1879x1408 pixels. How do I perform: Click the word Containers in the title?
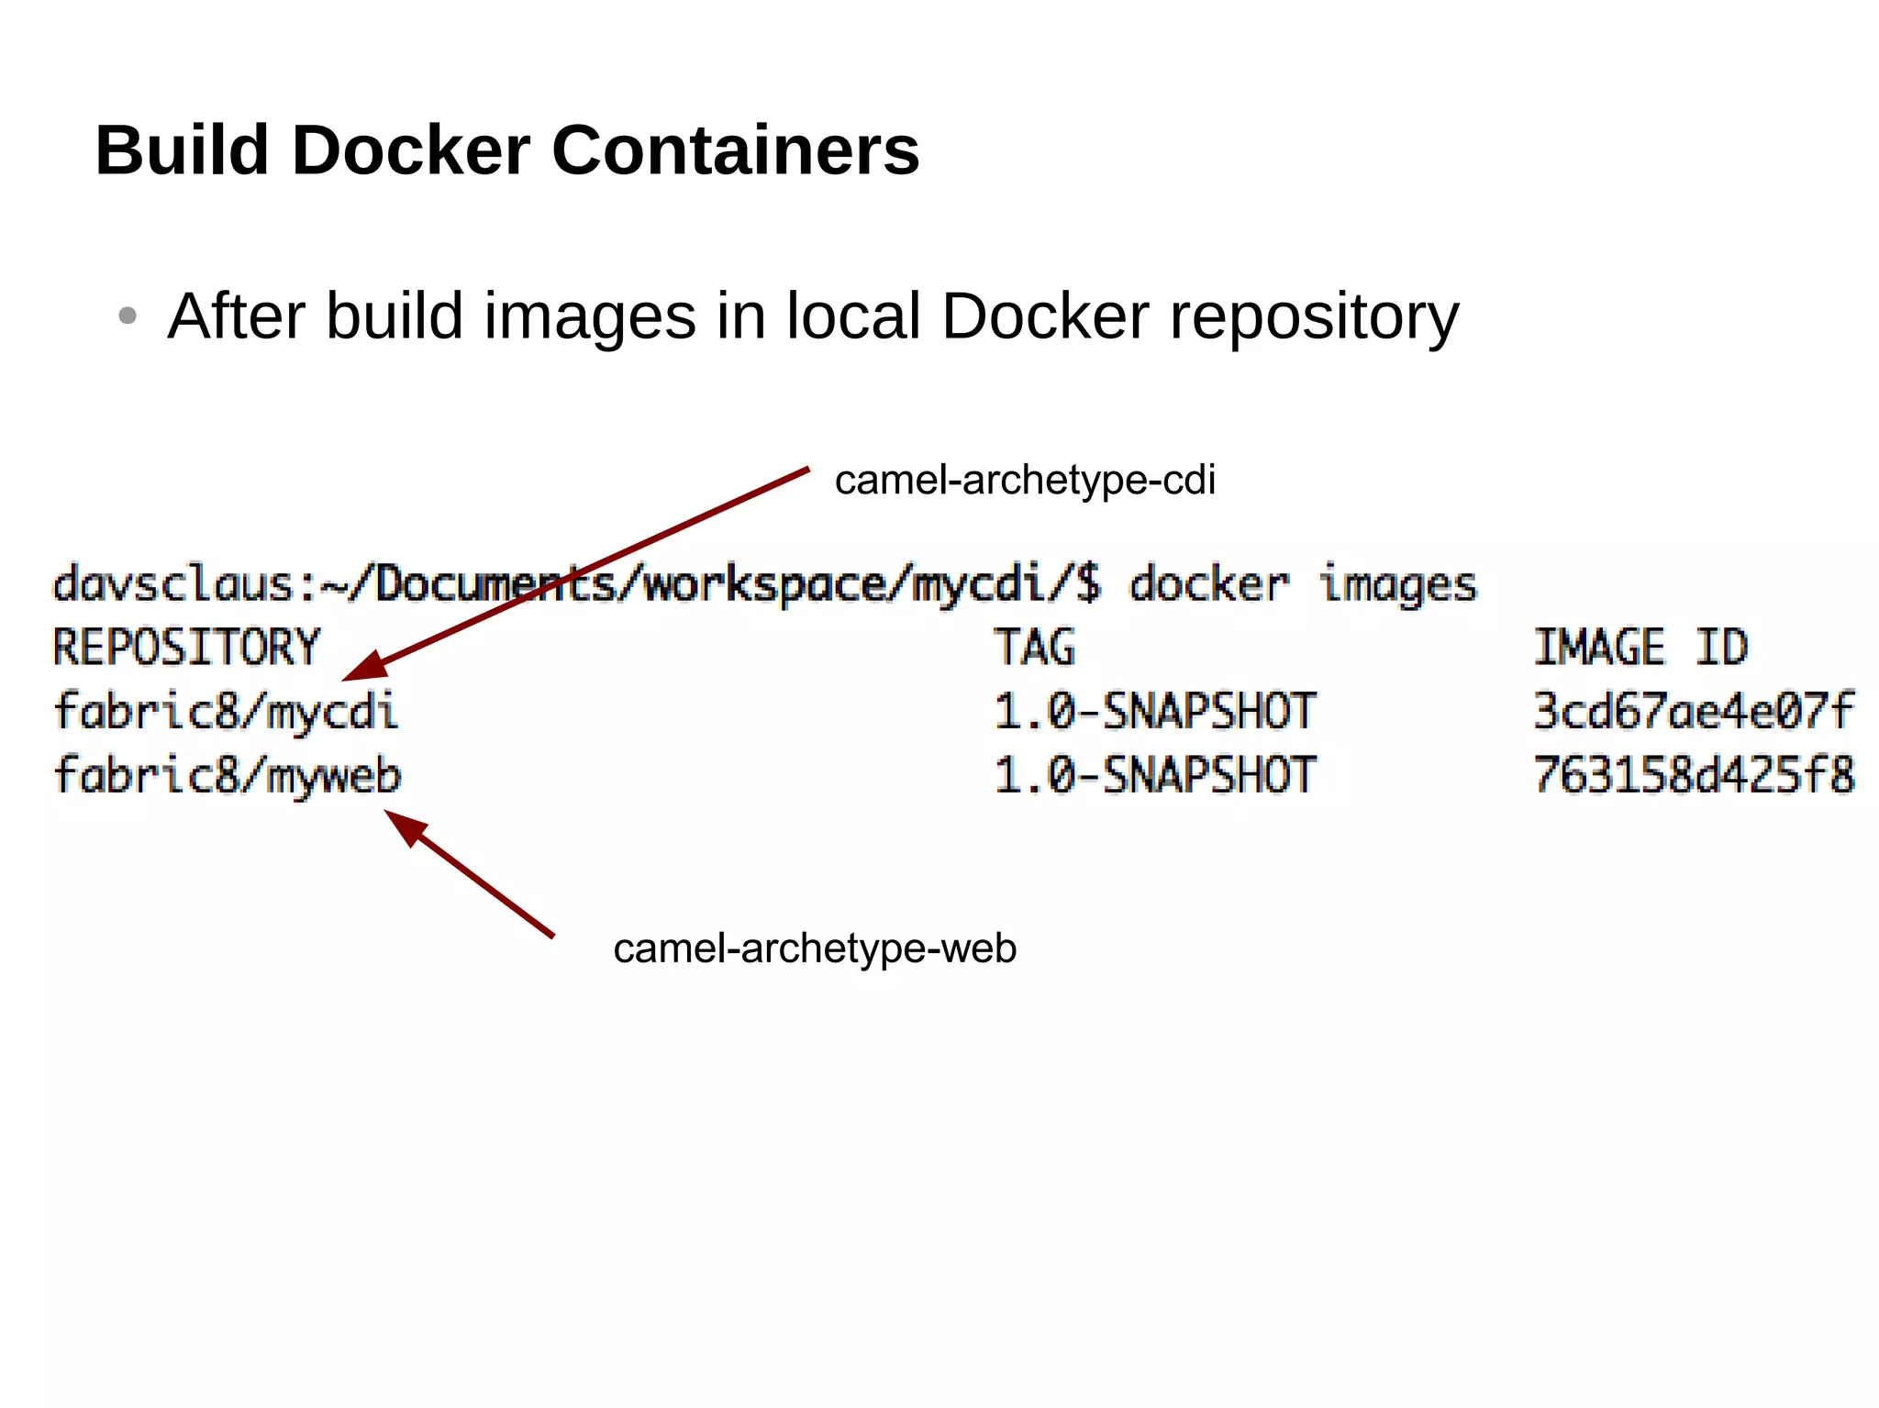click(735, 150)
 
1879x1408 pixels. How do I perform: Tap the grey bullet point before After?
click(128, 316)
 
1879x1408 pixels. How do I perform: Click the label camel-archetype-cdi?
click(1025, 481)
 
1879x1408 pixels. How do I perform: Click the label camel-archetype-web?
click(815, 948)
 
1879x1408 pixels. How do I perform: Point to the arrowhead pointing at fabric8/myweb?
click(405, 825)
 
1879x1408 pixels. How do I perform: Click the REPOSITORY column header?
click(186, 648)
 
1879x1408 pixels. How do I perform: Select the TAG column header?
click(1035, 648)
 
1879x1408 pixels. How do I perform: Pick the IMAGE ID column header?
click(1641, 648)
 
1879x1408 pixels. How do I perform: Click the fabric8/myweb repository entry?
click(228, 776)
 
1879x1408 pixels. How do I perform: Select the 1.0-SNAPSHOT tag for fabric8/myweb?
click(1155, 776)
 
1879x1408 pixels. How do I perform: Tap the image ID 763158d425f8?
click(1694, 776)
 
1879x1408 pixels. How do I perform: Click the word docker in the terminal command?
click(1208, 585)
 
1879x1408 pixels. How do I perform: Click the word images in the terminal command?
click(1398, 585)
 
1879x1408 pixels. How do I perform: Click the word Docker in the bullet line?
click(1045, 316)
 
